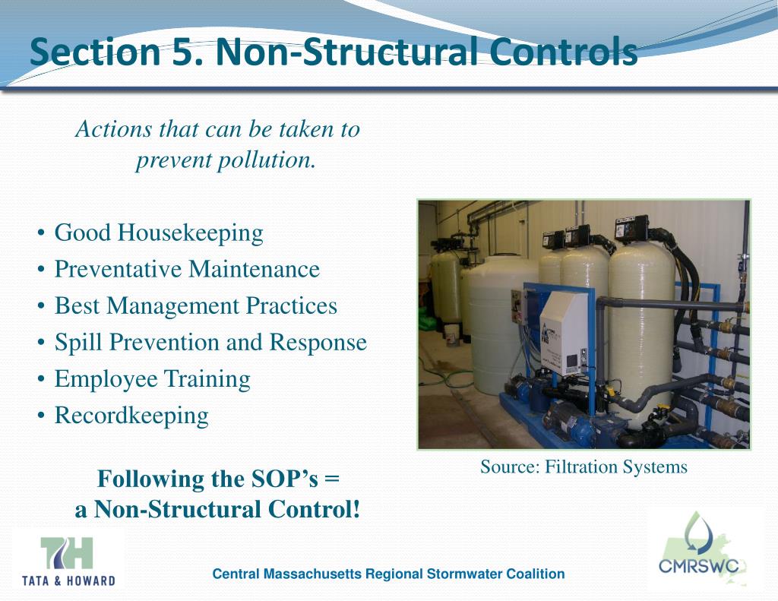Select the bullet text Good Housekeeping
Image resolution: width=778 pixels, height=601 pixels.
click(x=159, y=232)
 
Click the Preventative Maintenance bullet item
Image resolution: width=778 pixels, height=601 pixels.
click(x=187, y=269)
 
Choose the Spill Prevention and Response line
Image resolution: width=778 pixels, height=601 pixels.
click(x=210, y=342)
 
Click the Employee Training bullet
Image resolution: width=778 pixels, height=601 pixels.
click(x=152, y=378)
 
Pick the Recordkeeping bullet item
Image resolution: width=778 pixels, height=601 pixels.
click(x=131, y=415)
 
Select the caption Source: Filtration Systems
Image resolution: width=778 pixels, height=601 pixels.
click(x=583, y=467)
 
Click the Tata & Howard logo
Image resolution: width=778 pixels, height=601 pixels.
click(x=68, y=561)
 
